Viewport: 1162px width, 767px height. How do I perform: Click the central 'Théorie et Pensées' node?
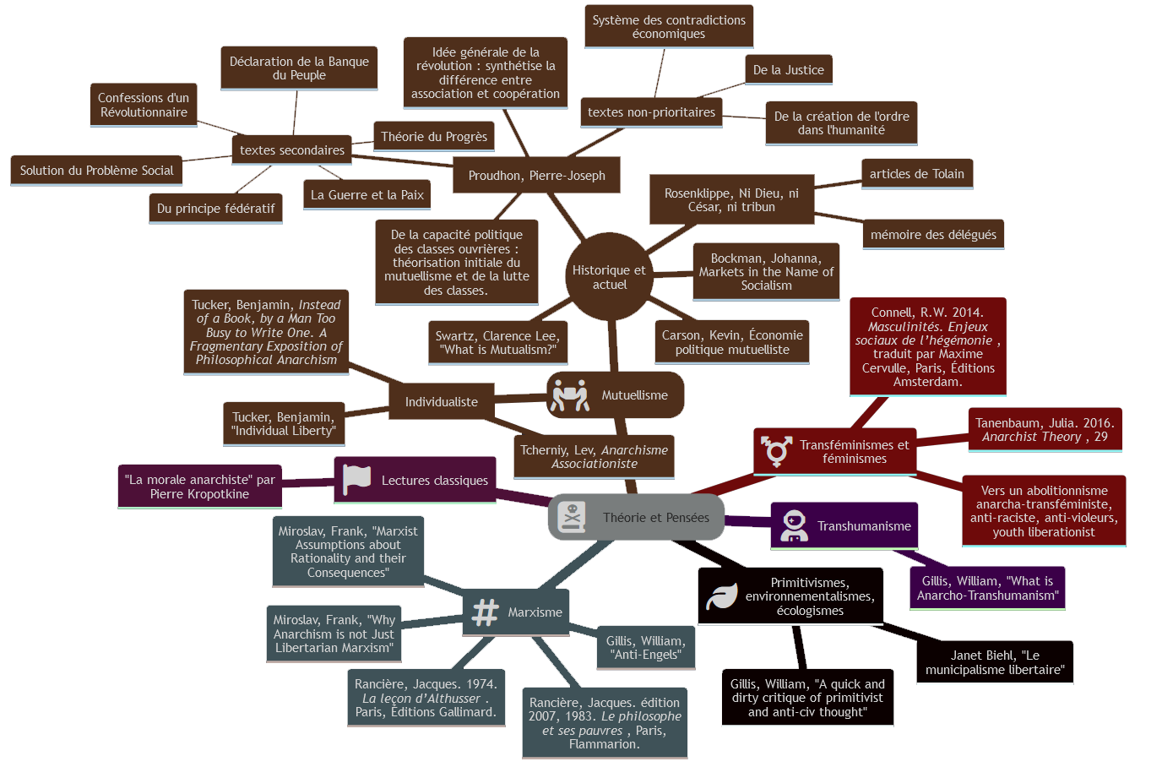tap(654, 518)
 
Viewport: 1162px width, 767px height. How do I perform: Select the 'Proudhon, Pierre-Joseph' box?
tap(536, 176)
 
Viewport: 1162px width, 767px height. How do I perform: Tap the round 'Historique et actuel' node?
tap(609, 277)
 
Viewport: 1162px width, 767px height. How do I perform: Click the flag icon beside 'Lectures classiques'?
tap(356, 480)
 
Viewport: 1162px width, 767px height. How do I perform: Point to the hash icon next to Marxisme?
tap(485, 612)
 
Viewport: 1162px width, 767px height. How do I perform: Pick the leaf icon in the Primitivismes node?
tap(721, 596)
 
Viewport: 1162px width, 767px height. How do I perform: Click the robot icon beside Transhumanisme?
tap(794, 525)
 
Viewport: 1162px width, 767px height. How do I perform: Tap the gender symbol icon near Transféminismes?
tap(776, 451)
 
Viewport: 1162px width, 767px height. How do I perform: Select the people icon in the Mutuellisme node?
tap(570, 395)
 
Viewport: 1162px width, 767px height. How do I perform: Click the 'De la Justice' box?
tap(788, 70)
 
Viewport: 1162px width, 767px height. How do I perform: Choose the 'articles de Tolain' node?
tap(916, 174)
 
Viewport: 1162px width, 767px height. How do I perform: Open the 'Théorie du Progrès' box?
tap(434, 137)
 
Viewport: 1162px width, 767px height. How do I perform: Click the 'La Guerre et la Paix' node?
tap(367, 195)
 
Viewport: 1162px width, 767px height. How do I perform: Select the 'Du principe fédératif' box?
tap(215, 209)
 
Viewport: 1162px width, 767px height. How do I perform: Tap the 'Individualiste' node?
tap(441, 402)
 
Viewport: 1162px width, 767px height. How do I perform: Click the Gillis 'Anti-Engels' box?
tap(646, 648)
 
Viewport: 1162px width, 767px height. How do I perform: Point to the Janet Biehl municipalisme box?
tap(995, 662)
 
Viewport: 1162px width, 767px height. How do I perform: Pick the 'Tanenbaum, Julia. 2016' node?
tap(1045, 430)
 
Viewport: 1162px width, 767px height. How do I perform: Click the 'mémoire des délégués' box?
tap(933, 235)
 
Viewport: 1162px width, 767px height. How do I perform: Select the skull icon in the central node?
tap(572, 517)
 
